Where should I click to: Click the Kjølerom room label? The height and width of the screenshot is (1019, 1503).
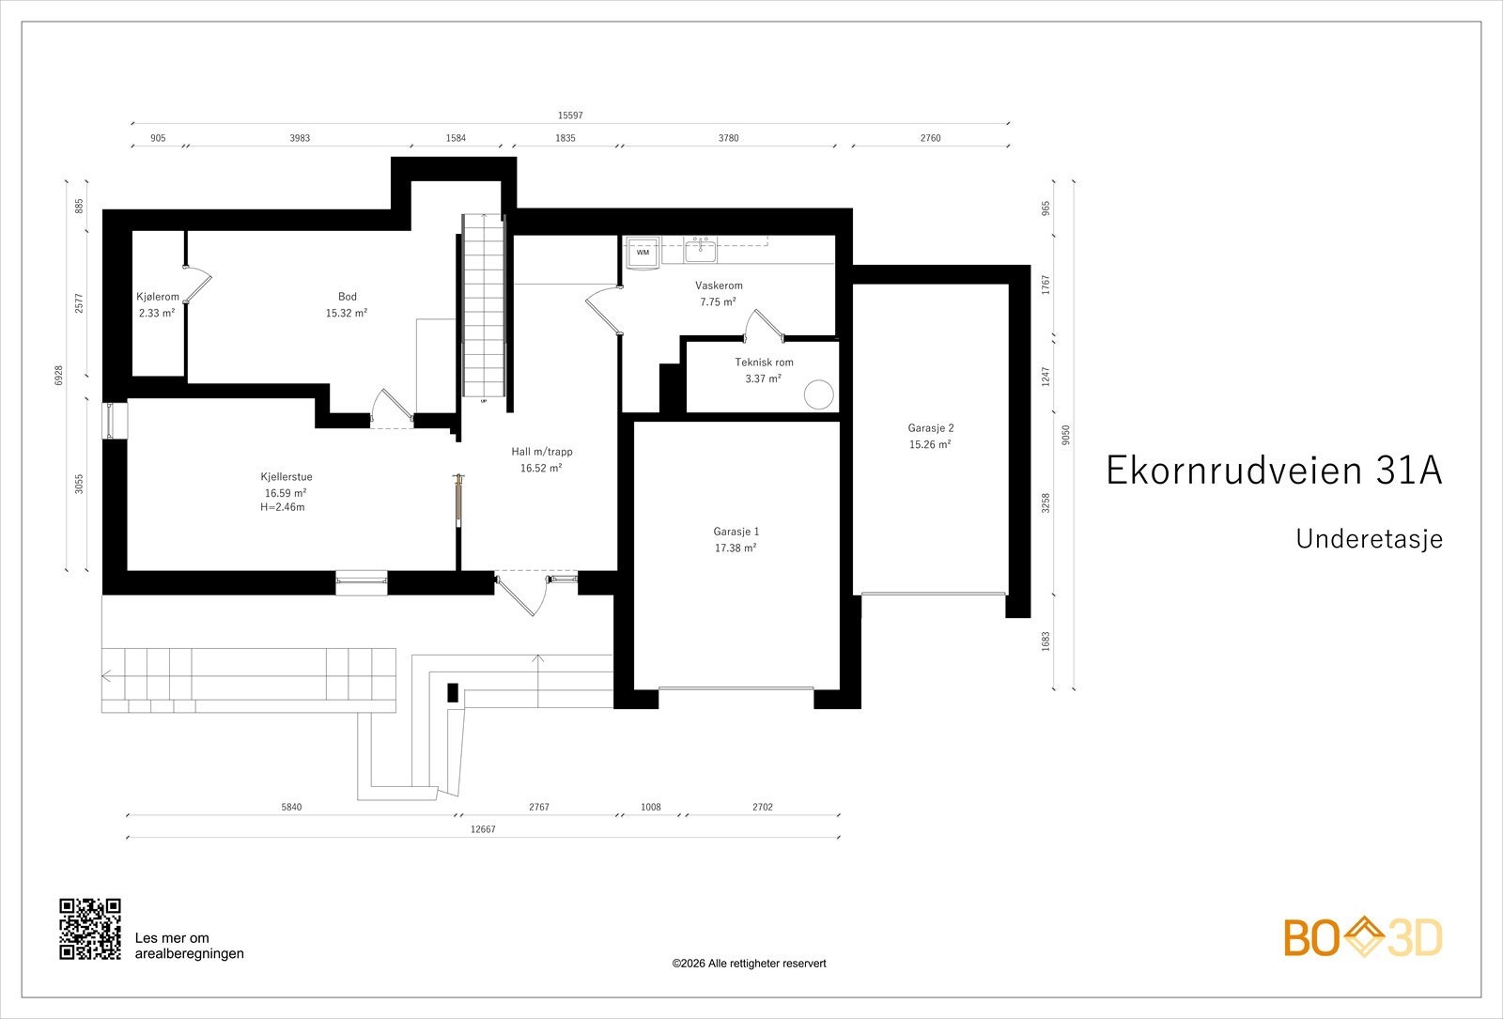tap(158, 297)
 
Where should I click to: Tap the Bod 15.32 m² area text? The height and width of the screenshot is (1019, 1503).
tap(347, 314)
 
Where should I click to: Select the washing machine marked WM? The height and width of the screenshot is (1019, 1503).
tap(643, 253)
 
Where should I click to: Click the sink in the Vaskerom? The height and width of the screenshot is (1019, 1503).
tap(700, 250)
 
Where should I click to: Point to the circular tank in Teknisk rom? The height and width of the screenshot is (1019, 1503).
tap(818, 394)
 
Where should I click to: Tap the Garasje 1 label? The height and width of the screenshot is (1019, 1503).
tap(736, 532)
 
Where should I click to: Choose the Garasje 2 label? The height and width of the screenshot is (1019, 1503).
tap(931, 428)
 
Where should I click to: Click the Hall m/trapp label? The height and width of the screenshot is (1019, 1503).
tap(542, 452)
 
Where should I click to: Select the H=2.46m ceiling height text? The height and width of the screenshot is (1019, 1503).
tap(283, 507)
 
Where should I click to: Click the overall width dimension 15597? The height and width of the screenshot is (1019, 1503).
tap(570, 116)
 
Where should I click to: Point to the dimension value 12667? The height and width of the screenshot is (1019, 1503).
tap(483, 829)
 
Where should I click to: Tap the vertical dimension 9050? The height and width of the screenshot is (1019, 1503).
tap(1066, 435)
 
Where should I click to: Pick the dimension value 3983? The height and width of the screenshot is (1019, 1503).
tap(300, 138)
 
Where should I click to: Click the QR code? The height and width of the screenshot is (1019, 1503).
tap(90, 929)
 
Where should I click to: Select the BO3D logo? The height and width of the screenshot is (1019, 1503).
tap(1363, 937)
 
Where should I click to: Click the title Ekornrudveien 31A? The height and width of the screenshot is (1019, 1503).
tap(1274, 471)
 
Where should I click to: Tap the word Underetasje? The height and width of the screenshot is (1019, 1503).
tap(1369, 539)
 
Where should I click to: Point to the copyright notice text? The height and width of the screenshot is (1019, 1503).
tap(749, 964)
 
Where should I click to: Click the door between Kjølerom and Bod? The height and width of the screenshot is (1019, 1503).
tap(198, 286)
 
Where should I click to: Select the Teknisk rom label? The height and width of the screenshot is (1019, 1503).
tap(764, 363)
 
